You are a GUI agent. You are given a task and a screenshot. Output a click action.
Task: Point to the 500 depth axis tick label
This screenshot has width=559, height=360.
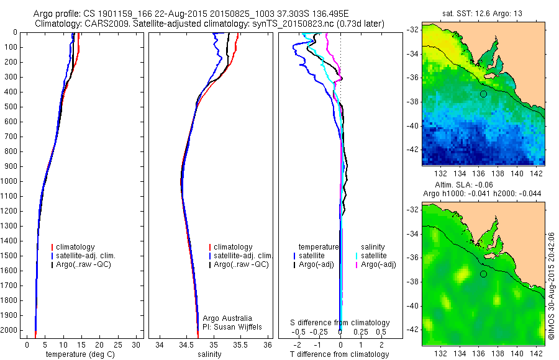[11, 107]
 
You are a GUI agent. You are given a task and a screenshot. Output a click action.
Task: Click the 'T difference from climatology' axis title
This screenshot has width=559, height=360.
[340, 354]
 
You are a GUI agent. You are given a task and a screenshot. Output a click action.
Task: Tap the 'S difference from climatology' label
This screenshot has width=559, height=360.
[340, 323]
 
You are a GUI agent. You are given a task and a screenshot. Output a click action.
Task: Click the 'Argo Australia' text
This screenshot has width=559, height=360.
[228, 318]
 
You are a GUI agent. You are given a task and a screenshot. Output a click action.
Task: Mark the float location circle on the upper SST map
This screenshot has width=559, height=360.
[483, 94]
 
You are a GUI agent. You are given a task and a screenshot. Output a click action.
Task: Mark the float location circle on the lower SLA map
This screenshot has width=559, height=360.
[483, 274]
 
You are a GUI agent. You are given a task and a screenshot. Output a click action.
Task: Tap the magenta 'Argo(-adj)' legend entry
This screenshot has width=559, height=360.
[378, 265]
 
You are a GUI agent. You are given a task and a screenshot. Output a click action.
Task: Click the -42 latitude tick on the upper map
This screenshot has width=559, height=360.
[414, 150]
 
